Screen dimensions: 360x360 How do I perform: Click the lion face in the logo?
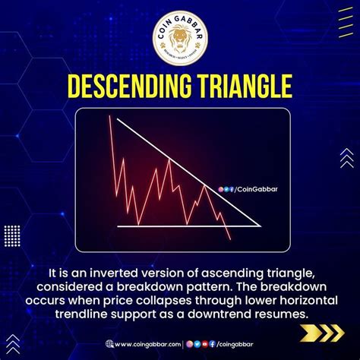[x=179, y=40]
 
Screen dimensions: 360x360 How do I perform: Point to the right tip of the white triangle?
[x=261, y=226]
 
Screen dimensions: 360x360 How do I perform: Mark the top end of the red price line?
[x=111, y=116]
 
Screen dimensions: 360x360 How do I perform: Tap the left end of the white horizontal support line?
[x=118, y=226]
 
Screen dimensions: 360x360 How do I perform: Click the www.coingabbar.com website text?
[x=147, y=344]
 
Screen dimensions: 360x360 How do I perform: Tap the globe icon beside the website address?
[x=109, y=344]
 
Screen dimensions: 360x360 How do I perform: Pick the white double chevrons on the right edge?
[x=346, y=157]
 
